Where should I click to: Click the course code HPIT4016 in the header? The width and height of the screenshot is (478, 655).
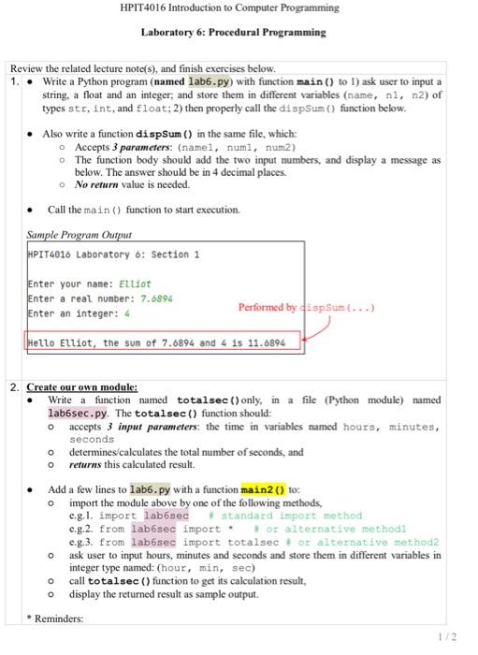[x=143, y=8]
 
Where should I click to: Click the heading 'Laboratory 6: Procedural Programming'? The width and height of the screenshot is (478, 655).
[x=233, y=32]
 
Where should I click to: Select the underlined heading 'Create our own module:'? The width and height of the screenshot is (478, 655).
[x=82, y=386]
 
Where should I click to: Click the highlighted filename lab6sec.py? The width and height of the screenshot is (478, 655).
[x=78, y=413]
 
